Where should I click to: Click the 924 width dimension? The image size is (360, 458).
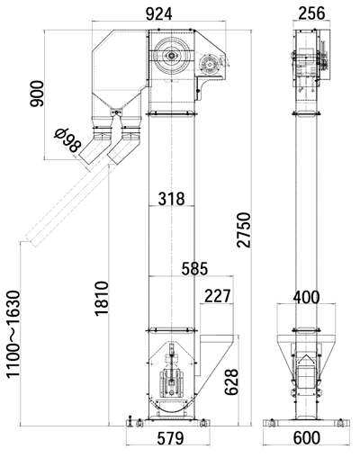click(158, 13)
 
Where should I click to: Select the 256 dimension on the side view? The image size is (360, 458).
click(312, 13)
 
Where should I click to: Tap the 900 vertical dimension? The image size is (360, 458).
click(37, 94)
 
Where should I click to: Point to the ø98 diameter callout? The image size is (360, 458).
click(67, 139)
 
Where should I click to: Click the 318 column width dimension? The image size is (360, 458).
click(172, 199)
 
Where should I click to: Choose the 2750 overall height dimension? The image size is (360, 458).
click(243, 230)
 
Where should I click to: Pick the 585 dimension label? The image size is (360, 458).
click(194, 268)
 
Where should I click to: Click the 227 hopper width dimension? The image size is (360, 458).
click(218, 296)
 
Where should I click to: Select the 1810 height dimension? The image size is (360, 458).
click(102, 299)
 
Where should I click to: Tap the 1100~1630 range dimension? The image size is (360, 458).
click(13, 334)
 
